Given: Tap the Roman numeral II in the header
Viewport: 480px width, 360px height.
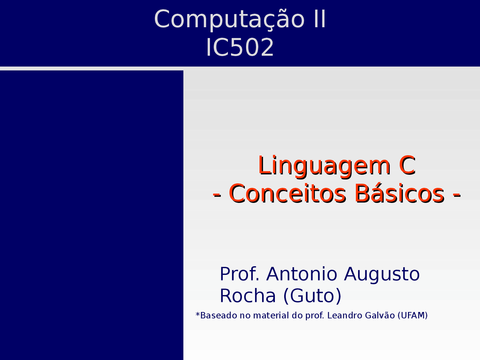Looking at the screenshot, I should (x=320, y=19).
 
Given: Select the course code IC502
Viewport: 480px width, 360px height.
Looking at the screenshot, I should (x=240, y=48).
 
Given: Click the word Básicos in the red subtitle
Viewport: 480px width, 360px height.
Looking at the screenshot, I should (x=399, y=194).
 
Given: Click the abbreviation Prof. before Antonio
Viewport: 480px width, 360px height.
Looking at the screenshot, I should (x=239, y=274).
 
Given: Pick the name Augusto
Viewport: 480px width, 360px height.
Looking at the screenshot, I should (x=382, y=274).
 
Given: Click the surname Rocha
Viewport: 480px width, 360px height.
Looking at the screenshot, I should (x=247, y=295).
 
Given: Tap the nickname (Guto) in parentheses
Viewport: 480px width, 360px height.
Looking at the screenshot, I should (x=312, y=296).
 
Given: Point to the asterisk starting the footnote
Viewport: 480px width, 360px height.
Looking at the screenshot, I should (x=198, y=314).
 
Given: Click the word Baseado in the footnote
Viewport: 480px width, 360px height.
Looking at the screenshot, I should (x=219, y=315).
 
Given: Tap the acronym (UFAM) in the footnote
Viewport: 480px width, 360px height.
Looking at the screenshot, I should (x=412, y=315).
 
